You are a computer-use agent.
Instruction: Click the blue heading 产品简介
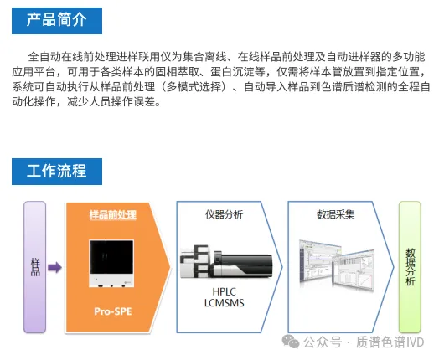point(57,21)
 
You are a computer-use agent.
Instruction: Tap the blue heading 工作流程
point(57,171)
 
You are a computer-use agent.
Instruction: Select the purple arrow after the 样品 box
point(55,267)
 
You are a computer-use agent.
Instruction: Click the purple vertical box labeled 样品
point(35,267)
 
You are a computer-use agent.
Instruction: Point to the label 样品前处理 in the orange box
point(113,215)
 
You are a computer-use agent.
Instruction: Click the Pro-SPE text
point(113,311)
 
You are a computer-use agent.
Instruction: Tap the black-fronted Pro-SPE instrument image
point(111,263)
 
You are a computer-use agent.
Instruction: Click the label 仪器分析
point(224,214)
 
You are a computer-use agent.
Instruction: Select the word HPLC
point(224,291)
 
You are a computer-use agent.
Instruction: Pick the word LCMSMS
point(224,303)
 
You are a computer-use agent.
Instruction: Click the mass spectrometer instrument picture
point(226,261)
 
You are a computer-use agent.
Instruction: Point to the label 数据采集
point(336,214)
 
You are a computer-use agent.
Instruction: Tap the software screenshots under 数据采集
point(337,265)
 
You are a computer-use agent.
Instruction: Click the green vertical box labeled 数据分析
point(410,267)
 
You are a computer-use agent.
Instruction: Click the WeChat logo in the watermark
point(291,342)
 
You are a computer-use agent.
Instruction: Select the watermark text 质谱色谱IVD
point(390,342)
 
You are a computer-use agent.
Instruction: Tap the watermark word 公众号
point(323,342)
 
